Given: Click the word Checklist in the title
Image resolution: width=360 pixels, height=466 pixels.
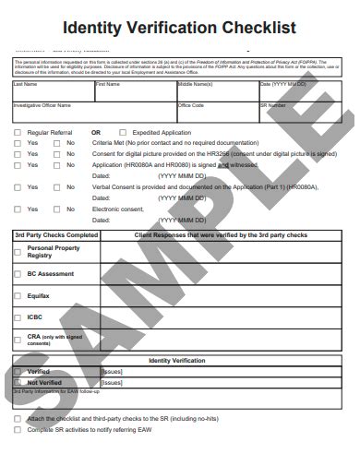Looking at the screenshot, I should click(251, 28).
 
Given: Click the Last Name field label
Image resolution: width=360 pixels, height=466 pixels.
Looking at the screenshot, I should click(25, 85).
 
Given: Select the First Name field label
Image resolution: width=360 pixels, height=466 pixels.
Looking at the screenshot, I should click(107, 85).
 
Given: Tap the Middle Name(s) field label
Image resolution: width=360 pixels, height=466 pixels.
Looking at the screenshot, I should click(195, 85).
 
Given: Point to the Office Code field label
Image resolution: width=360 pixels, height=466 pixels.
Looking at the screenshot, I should click(191, 105).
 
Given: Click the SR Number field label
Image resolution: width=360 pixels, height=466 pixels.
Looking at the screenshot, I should click(273, 105).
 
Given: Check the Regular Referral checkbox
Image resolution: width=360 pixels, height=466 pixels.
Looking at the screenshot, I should click(18, 133).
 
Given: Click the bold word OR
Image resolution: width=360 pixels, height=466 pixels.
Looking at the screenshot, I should click(96, 133).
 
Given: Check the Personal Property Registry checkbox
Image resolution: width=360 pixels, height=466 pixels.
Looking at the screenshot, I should click(18, 252).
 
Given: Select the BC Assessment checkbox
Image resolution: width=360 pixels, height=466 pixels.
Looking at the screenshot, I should click(18, 274).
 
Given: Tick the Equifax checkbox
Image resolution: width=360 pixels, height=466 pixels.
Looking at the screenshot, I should click(18, 296).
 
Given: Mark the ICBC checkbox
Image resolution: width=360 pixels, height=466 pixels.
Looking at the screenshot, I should click(18, 317).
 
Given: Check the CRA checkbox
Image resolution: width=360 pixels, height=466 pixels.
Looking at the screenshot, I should click(18, 339).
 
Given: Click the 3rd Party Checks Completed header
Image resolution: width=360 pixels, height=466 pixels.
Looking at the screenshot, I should click(55, 235).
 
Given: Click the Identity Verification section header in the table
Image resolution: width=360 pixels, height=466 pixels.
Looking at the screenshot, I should click(176, 361).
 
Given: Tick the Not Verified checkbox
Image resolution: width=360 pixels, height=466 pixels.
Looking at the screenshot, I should click(18, 381).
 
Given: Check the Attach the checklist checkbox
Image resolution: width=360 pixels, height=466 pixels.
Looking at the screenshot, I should click(18, 418).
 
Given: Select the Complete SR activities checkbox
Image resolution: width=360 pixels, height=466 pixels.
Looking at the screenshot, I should click(18, 429).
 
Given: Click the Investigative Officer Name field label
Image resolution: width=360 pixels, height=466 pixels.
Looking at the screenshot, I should click(41, 105).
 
